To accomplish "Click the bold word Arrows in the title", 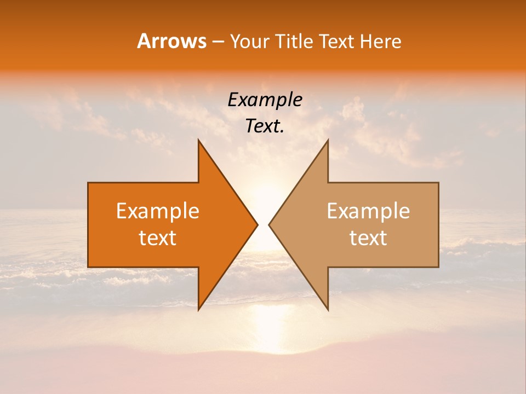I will coord(171,42).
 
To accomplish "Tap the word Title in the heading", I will coord(295,42).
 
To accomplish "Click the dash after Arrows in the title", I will coord(218,42).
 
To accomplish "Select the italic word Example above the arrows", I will coord(265,100).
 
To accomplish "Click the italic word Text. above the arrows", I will coord(265,126).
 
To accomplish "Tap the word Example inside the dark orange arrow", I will coord(158,211).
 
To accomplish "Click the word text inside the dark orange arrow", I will coord(158,238).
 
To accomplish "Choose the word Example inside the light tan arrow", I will coord(368,211).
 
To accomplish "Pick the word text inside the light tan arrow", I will coord(368,238).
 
